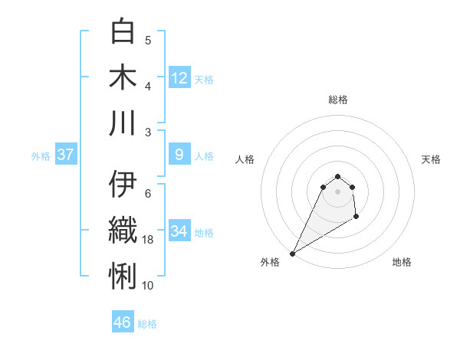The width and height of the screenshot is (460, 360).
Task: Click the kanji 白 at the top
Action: point(123,32)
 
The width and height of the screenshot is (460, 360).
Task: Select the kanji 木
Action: point(123,77)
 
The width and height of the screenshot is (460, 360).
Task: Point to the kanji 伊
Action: point(123,185)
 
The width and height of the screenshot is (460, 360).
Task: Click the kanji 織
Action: point(123,231)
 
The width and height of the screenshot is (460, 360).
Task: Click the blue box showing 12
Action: point(179,78)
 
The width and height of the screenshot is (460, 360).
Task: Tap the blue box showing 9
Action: point(179,155)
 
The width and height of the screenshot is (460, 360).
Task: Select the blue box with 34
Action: point(179,231)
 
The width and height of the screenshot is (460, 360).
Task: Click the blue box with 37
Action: point(66,155)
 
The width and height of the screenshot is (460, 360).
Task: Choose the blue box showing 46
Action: point(123,322)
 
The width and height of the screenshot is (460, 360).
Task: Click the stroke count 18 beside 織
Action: point(149,240)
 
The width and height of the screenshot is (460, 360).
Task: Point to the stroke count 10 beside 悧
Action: point(149,285)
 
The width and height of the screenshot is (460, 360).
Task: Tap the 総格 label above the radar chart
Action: point(338,100)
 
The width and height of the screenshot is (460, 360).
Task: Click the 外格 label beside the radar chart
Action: point(270,262)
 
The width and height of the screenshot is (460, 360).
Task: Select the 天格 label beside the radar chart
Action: point(431,159)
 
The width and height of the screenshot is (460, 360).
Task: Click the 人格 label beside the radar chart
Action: point(245,159)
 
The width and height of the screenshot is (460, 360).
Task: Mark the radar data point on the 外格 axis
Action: point(292,254)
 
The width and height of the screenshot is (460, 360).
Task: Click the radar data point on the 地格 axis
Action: point(356,218)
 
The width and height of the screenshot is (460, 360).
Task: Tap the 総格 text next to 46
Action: point(147,324)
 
